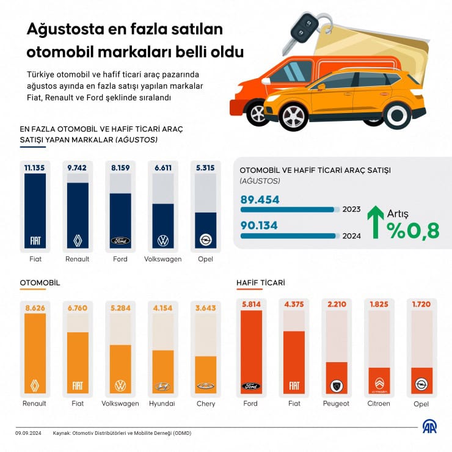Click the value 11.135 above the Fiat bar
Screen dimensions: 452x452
pos(35,166)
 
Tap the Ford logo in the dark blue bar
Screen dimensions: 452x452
pos(120,241)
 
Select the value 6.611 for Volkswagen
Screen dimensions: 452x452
pos(162,166)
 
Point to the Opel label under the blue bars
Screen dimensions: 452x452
pos(205,259)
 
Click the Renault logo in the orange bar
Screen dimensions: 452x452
pos(35,385)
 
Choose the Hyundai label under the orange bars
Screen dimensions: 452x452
pos(162,404)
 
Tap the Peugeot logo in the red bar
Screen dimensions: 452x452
pos(336,385)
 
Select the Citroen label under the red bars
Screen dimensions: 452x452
pos(379,404)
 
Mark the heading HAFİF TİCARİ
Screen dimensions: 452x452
pos(261,283)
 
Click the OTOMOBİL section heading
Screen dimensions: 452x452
pos(40,283)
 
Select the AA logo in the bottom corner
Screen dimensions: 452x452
pos(430,427)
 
